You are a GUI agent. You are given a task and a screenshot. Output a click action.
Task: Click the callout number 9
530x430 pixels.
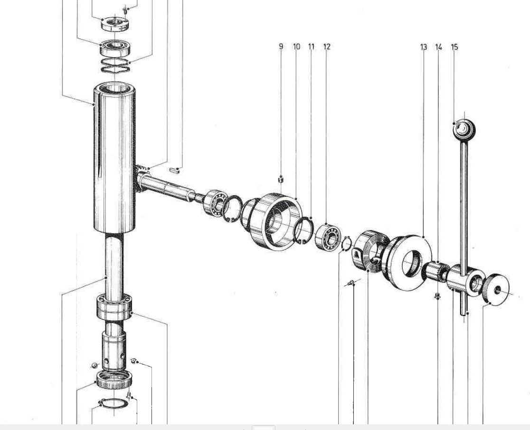pyautogui.click(x=281, y=46)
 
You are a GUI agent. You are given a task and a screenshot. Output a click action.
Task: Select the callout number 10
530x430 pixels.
pyautogui.click(x=296, y=46)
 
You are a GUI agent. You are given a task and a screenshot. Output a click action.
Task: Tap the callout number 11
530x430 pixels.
pyautogui.click(x=312, y=46)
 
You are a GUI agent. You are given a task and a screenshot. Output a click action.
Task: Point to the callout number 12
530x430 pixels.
pyautogui.click(x=327, y=46)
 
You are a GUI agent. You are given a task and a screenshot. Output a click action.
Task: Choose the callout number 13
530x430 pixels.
pyautogui.click(x=424, y=47)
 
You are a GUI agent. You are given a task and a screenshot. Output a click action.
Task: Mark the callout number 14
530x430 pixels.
pyautogui.click(x=438, y=47)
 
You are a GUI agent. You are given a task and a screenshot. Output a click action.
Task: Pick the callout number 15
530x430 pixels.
pyautogui.click(x=454, y=47)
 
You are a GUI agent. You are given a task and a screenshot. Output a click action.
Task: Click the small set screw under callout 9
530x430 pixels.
pyautogui.click(x=280, y=179)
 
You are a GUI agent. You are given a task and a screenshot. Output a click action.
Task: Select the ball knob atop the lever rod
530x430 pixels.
pyautogui.click(x=464, y=129)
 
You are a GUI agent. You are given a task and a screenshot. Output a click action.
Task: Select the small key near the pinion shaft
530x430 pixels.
pyautogui.click(x=174, y=170)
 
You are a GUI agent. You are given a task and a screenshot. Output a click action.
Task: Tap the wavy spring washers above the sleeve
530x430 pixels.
pyautogui.click(x=115, y=66)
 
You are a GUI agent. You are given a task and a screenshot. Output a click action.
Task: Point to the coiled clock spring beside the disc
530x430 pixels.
pyautogui.click(x=370, y=250)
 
